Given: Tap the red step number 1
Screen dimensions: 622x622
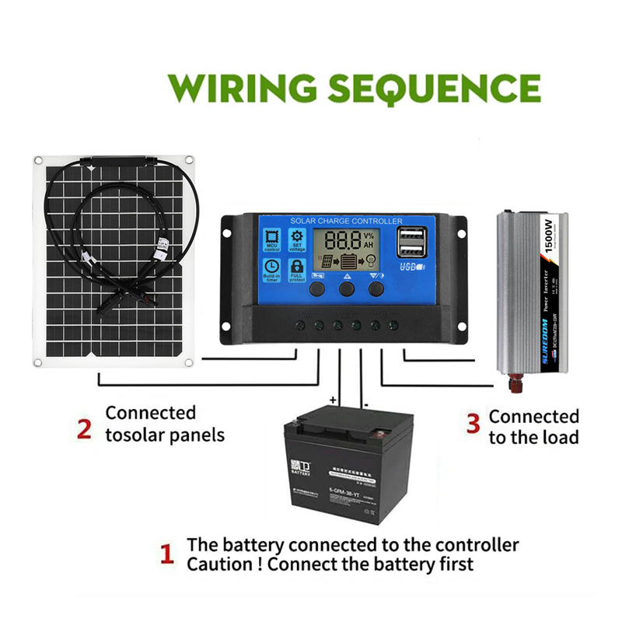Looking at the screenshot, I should [166, 554].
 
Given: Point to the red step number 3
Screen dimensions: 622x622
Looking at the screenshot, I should [473, 422].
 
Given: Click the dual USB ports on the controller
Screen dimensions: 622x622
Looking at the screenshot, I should [409, 243].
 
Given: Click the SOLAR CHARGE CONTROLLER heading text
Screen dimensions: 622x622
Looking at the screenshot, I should [346, 222].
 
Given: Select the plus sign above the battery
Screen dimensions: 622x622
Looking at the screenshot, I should [333, 400].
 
